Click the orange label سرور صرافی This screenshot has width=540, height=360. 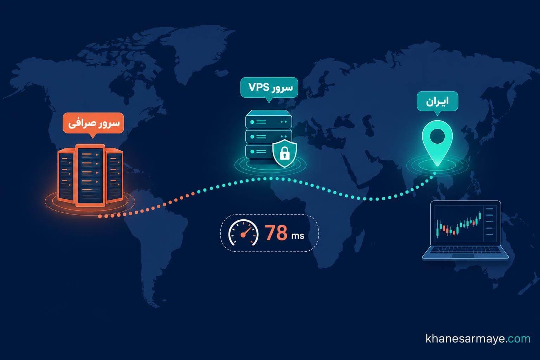point(93,123)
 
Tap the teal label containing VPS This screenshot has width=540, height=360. point(269,87)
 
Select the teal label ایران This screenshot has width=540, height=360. point(437,101)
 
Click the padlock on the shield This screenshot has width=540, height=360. point(284,153)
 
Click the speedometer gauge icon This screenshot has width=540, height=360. point(243,233)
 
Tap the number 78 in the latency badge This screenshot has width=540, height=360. point(276,233)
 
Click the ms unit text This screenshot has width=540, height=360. point(298,236)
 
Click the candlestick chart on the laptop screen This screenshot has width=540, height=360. point(459,224)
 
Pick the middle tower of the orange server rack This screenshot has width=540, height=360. point(90,175)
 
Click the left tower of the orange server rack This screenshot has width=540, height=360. point(66,176)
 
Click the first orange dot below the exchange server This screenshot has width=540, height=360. point(100,217)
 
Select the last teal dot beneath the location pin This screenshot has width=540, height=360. point(435,173)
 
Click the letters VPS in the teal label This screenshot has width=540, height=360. point(259,87)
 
